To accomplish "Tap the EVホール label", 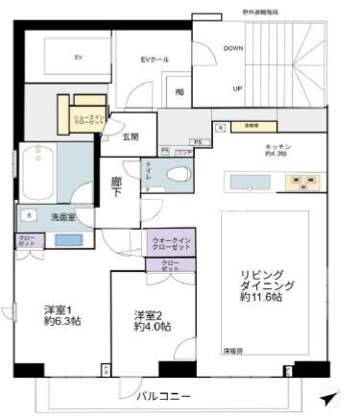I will pyautogui.click(x=155, y=61).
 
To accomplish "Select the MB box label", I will pyautogui.click(x=179, y=92).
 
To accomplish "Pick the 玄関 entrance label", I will pyautogui.click(x=132, y=137).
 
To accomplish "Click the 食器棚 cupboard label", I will pyautogui.click(x=252, y=125).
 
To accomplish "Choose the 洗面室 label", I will pyautogui.click(x=66, y=218).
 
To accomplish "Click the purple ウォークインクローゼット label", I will pyautogui.click(x=171, y=244).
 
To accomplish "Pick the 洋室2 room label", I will pyautogui.click(x=152, y=320).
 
